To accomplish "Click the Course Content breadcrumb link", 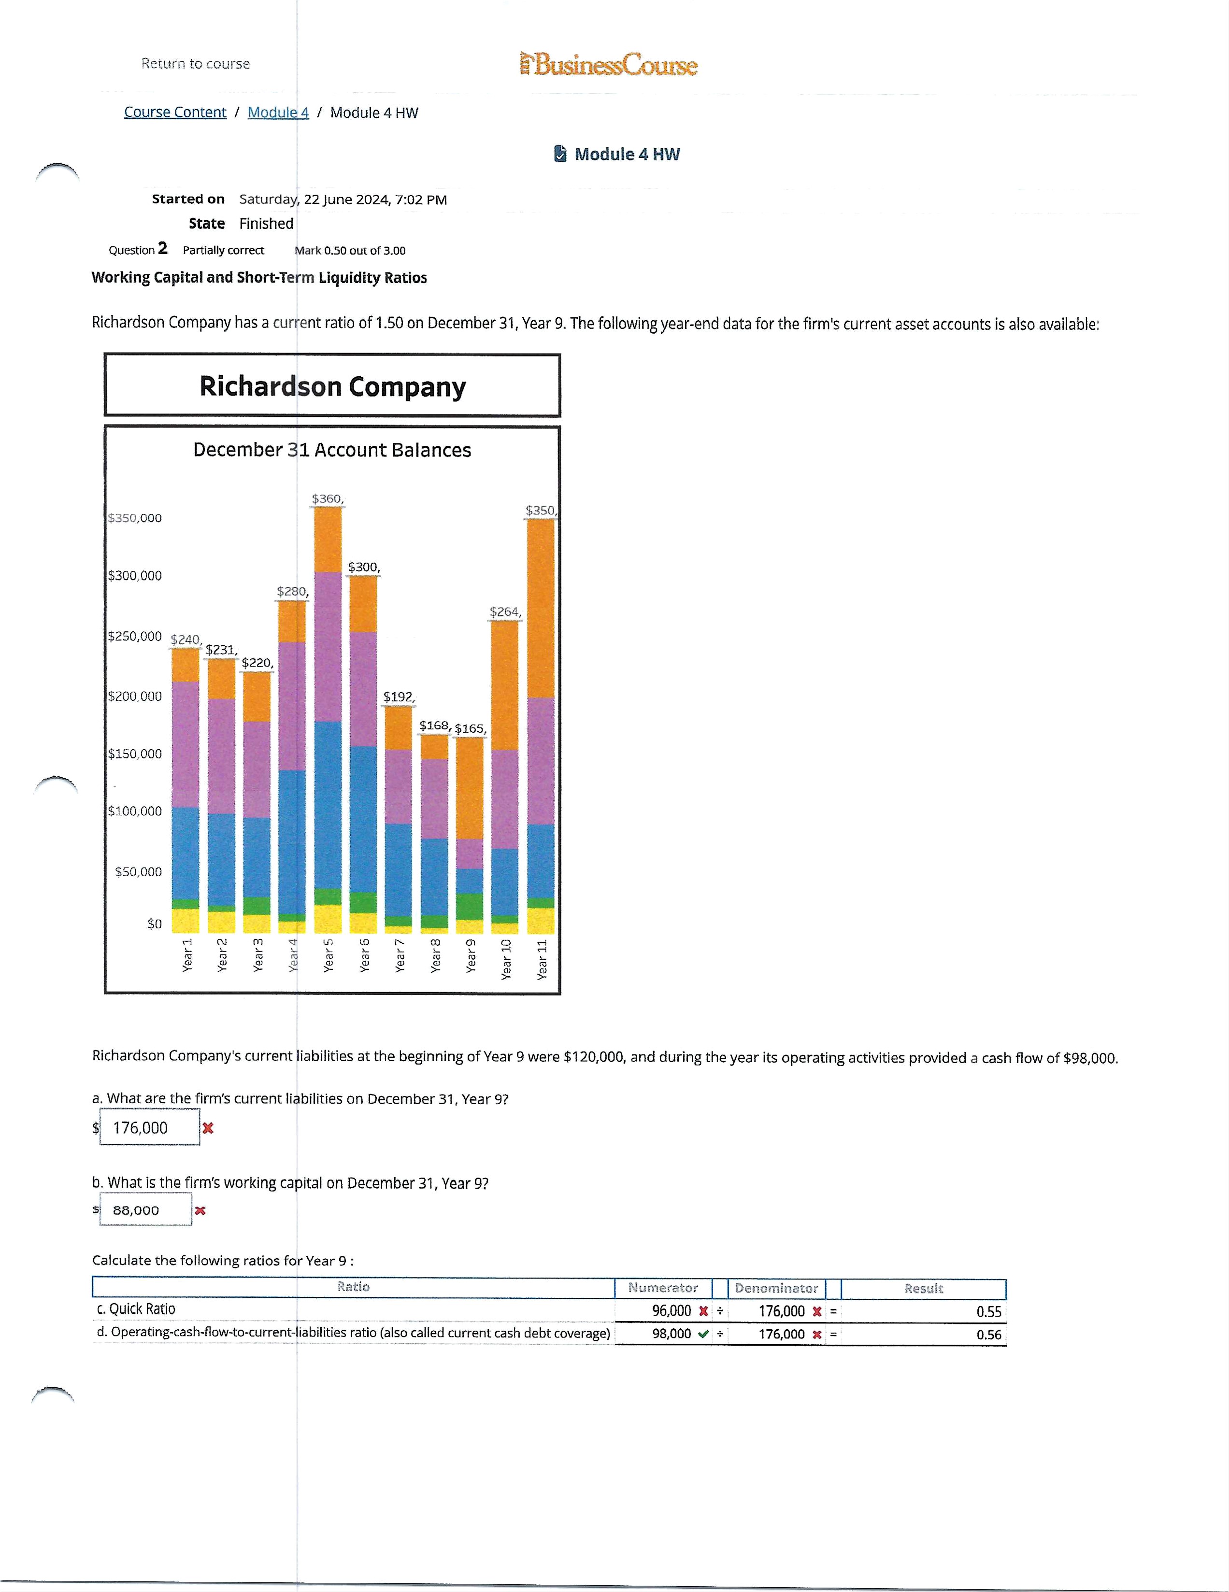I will coord(175,112).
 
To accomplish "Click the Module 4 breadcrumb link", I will coord(278,112).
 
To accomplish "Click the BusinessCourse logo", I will coord(609,65).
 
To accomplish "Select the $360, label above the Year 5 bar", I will coord(327,498).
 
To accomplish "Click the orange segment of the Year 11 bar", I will coord(540,608).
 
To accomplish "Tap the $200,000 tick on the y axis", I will coord(135,696).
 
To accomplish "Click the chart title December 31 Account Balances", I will coord(332,450).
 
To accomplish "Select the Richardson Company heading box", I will coord(332,385).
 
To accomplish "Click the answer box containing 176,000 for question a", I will coord(149,1128).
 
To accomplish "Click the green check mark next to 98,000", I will coord(703,1334).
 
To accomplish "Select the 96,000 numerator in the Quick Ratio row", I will coord(671,1310).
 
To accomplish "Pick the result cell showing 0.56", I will coord(988,1335).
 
